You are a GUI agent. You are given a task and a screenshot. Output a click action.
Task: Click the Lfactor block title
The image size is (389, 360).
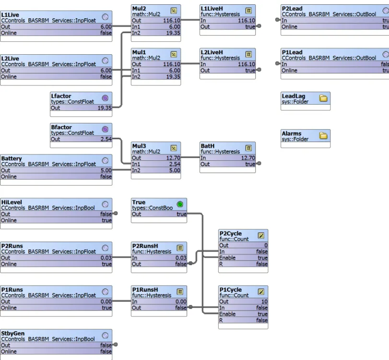coord(61,96)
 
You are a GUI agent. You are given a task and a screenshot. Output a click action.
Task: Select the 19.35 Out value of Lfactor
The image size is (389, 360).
coord(105,108)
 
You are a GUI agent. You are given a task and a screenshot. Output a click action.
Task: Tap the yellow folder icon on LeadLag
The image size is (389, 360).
coord(323,98)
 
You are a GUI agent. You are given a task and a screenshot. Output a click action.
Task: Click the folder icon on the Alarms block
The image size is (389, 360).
coord(323,136)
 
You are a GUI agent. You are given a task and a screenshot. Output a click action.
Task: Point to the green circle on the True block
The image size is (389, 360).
coord(180,204)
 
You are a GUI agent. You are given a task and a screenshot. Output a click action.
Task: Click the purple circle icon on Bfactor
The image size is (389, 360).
coord(105,129)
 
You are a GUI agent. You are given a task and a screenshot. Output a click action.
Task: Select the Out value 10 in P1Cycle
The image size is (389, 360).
coord(264,301)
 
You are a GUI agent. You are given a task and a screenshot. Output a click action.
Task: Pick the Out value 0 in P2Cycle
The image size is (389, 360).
coord(266,245)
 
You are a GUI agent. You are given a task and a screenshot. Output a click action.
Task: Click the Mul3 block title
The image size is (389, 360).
coord(139,146)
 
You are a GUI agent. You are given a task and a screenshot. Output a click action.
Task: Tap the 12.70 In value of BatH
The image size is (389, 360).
coord(248,158)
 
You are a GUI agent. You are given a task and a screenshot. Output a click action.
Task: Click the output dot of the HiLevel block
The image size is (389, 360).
coord(116,214)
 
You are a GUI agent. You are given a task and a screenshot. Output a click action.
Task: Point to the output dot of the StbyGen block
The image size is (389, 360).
coord(116,345)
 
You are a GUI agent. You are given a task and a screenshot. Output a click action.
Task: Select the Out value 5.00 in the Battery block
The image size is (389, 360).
coord(106,170)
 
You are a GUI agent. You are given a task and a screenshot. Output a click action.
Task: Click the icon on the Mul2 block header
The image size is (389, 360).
coord(174,11)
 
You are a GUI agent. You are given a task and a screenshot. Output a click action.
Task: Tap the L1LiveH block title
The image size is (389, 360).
coord(212,9)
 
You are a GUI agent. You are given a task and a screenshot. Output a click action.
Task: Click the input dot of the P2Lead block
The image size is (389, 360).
coord(277,20)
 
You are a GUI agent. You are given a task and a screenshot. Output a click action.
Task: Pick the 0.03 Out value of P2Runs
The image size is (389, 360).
coord(106,258)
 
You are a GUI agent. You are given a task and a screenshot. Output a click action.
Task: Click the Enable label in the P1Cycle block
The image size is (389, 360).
coord(227,314)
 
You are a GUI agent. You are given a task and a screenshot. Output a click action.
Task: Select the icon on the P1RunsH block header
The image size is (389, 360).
coord(180,292)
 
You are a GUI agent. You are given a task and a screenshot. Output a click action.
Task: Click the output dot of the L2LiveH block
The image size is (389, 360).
coord(259,70)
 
